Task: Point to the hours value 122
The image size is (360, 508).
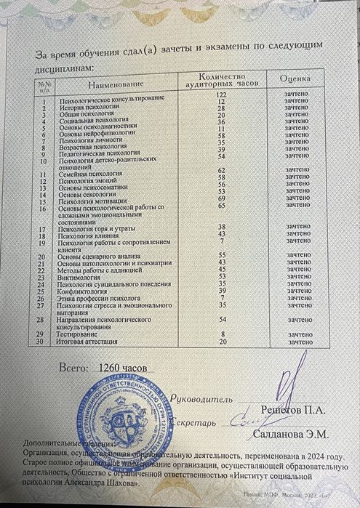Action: (x=223, y=94)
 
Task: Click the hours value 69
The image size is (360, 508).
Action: (x=223, y=198)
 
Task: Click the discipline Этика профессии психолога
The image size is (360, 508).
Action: (x=98, y=298)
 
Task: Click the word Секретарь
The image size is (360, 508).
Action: (x=196, y=422)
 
